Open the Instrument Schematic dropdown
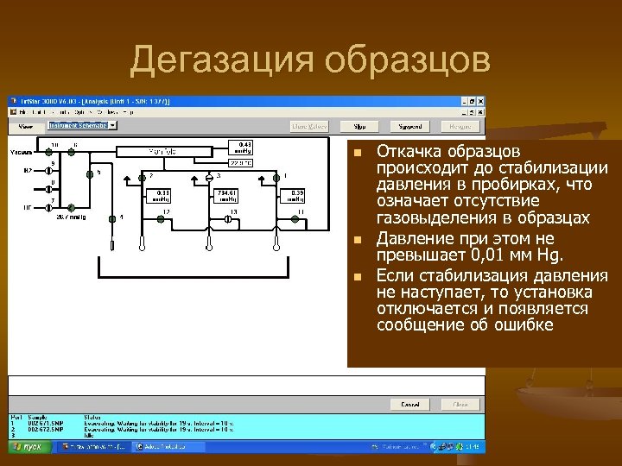[x=112, y=125]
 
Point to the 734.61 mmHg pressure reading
[x=227, y=195]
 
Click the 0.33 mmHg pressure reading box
[x=162, y=195]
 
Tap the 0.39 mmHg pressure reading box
[x=296, y=195]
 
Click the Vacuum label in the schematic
[x=22, y=152]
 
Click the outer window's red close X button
[x=480, y=101]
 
